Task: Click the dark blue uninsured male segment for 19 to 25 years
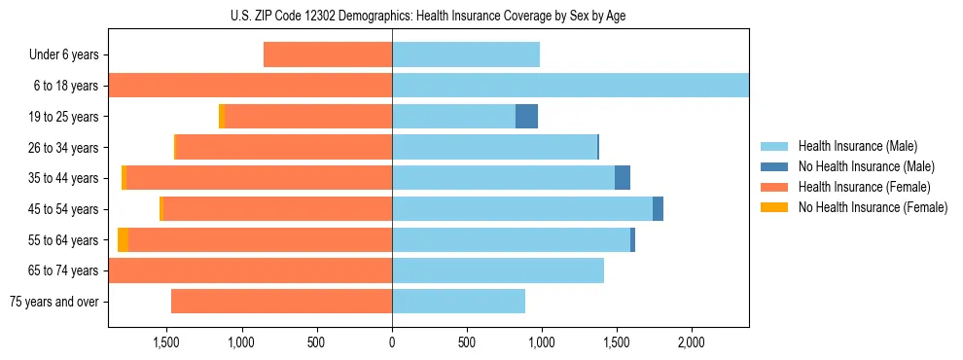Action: pyautogui.click(x=526, y=117)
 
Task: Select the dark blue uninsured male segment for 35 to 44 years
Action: pyautogui.click(x=623, y=178)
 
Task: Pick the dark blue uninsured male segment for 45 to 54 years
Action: pyautogui.click(x=658, y=209)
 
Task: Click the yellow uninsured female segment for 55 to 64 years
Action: pyautogui.click(x=123, y=240)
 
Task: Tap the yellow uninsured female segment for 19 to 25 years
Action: pyautogui.click(x=222, y=117)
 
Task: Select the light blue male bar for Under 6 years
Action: pyautogui.click(x=466, y=55)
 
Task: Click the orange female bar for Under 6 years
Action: pyautogui.click(x=328, y=55)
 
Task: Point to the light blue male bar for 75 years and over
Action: pyautogui.click(x=458, y=302)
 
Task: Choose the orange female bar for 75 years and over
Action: pyautogui.click(x=281, y=302)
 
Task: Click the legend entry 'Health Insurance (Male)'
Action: pyautogui.click(x=858, y=146)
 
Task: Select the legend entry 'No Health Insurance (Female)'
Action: pyautogui.click(x=873, y=207)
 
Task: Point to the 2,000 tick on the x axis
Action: pyautogui.click(x=691, y=343)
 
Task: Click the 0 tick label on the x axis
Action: pyautogui.click(x=392, y=343)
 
